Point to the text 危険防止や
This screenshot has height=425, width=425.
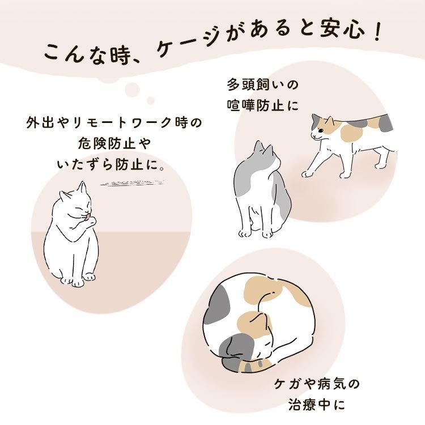114,143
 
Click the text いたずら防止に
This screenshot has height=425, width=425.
108,164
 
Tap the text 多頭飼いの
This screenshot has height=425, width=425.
262,84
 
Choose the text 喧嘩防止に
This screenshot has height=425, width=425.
262,105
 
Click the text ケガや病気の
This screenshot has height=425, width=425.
317,384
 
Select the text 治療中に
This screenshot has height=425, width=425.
317,405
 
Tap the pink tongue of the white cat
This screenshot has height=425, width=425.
87,218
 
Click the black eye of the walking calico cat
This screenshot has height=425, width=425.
321,131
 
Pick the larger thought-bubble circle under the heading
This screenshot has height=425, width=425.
132,90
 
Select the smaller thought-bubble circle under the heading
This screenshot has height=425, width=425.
150,100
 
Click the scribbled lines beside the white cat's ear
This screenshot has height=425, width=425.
132,182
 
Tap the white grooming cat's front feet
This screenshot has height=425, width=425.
78,280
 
